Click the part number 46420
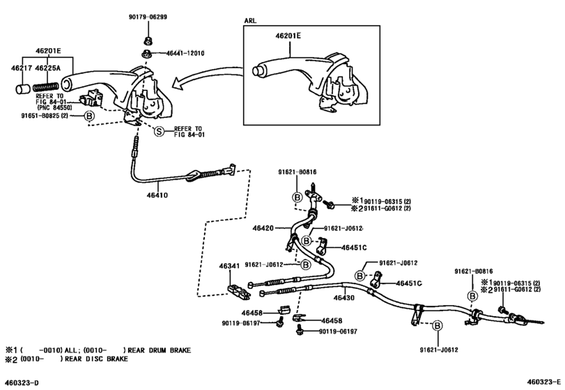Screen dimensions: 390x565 click(263, 228)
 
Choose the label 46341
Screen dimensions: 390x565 click(230, 265)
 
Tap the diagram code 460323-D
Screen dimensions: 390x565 click(23, 382)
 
